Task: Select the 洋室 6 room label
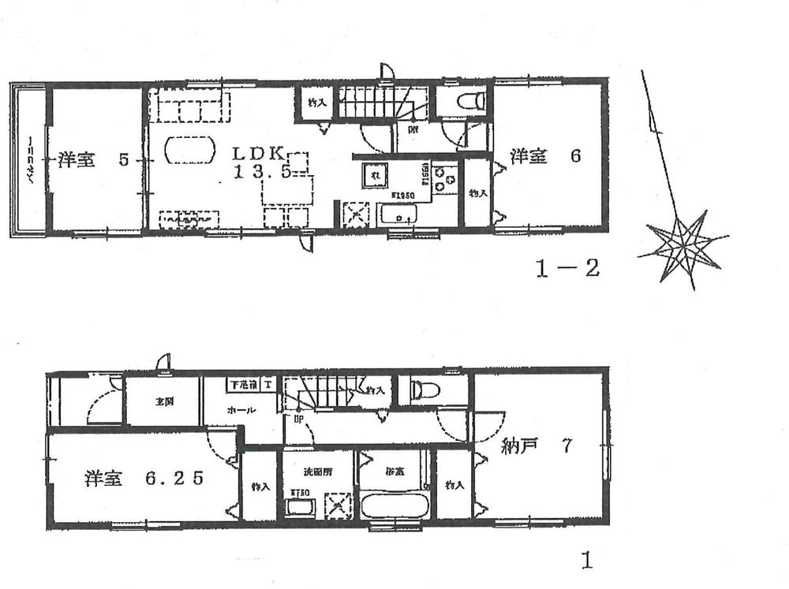(544, 156)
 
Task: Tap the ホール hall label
(241, 411)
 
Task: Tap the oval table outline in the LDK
(189, 149)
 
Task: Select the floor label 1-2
(567, 269)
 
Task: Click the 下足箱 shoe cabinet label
(244, 385)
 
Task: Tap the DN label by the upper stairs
(413, 130)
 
